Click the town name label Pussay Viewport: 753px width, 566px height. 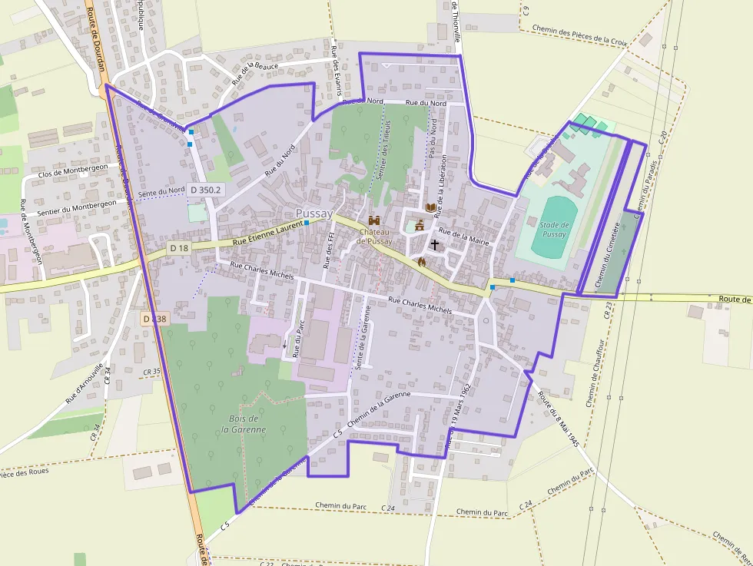pos(314,213)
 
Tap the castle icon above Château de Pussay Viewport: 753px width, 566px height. pos(374,220)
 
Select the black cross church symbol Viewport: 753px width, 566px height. pos(435,245)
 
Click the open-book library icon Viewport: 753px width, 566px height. pos(431,208)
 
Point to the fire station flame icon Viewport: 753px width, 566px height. pos(421,261)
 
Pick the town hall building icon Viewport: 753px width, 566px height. pos(420,226)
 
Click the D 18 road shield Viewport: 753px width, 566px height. pos(179,248)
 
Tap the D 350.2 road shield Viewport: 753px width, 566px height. pos(205,189)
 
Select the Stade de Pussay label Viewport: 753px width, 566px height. pos(553,229)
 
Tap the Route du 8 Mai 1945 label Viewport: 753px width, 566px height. pos(559,419)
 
